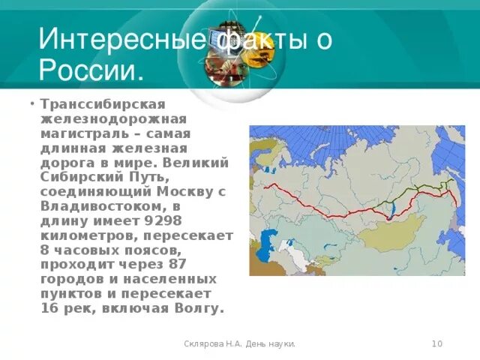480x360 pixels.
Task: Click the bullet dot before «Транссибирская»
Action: (32, 104)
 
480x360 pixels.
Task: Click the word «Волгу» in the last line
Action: (199, 307)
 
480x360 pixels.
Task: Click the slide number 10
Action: (437, 343)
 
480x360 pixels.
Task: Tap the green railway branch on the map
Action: (420, 189)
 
